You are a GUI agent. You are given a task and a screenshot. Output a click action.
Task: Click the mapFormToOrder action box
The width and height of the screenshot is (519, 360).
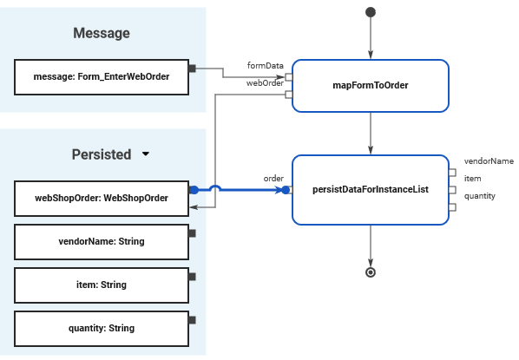click(x=371, y=86)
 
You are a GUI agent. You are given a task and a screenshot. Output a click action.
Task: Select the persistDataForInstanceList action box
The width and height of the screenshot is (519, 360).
click(x=371, y=190)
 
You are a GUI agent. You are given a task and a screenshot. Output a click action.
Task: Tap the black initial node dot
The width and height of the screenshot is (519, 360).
click(x=371, y=12)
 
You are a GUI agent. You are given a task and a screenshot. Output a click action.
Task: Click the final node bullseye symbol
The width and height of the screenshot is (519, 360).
click(x=371, y=272)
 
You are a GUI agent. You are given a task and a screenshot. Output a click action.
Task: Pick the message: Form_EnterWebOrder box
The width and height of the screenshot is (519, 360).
click(x=102, y=77)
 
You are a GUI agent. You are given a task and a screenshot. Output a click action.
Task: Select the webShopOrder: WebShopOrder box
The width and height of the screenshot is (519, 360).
click(x=102, y=199)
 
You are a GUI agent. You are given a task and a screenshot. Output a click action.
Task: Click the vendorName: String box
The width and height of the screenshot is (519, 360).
click(x=102, y=242)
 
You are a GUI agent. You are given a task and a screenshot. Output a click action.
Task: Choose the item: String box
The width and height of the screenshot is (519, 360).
click(x=102, y=285)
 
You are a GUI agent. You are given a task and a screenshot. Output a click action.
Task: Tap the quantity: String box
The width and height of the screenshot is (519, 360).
click(x=102, y=329)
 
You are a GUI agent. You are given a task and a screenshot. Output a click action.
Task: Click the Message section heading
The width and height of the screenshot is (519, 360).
click(x=102, y=33)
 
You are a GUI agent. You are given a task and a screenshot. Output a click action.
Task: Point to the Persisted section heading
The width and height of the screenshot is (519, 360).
click(x=102, y=154)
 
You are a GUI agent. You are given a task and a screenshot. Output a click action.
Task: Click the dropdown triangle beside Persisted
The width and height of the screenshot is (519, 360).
click(x=145, y=154)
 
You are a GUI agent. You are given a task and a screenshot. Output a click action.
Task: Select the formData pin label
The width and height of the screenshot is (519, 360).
click(x=265, y=66)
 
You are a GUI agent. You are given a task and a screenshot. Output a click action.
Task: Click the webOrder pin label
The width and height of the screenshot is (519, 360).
click(x=265, y=83)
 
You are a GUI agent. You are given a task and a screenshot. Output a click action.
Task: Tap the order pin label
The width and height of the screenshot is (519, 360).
click(x=273, y=179)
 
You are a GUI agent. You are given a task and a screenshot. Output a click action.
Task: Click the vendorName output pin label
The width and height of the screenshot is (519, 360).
click(x=489, y=161)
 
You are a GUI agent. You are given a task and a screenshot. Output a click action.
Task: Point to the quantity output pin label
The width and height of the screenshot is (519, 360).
click(x=480, y=196)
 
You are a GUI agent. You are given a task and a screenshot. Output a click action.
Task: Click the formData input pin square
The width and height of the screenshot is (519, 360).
click(x=289, y=77)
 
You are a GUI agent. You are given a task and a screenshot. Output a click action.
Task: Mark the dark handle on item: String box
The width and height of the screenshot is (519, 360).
click(x=192, y=277)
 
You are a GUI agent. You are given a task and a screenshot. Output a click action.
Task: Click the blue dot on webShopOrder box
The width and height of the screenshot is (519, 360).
click(x=194, y=190)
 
